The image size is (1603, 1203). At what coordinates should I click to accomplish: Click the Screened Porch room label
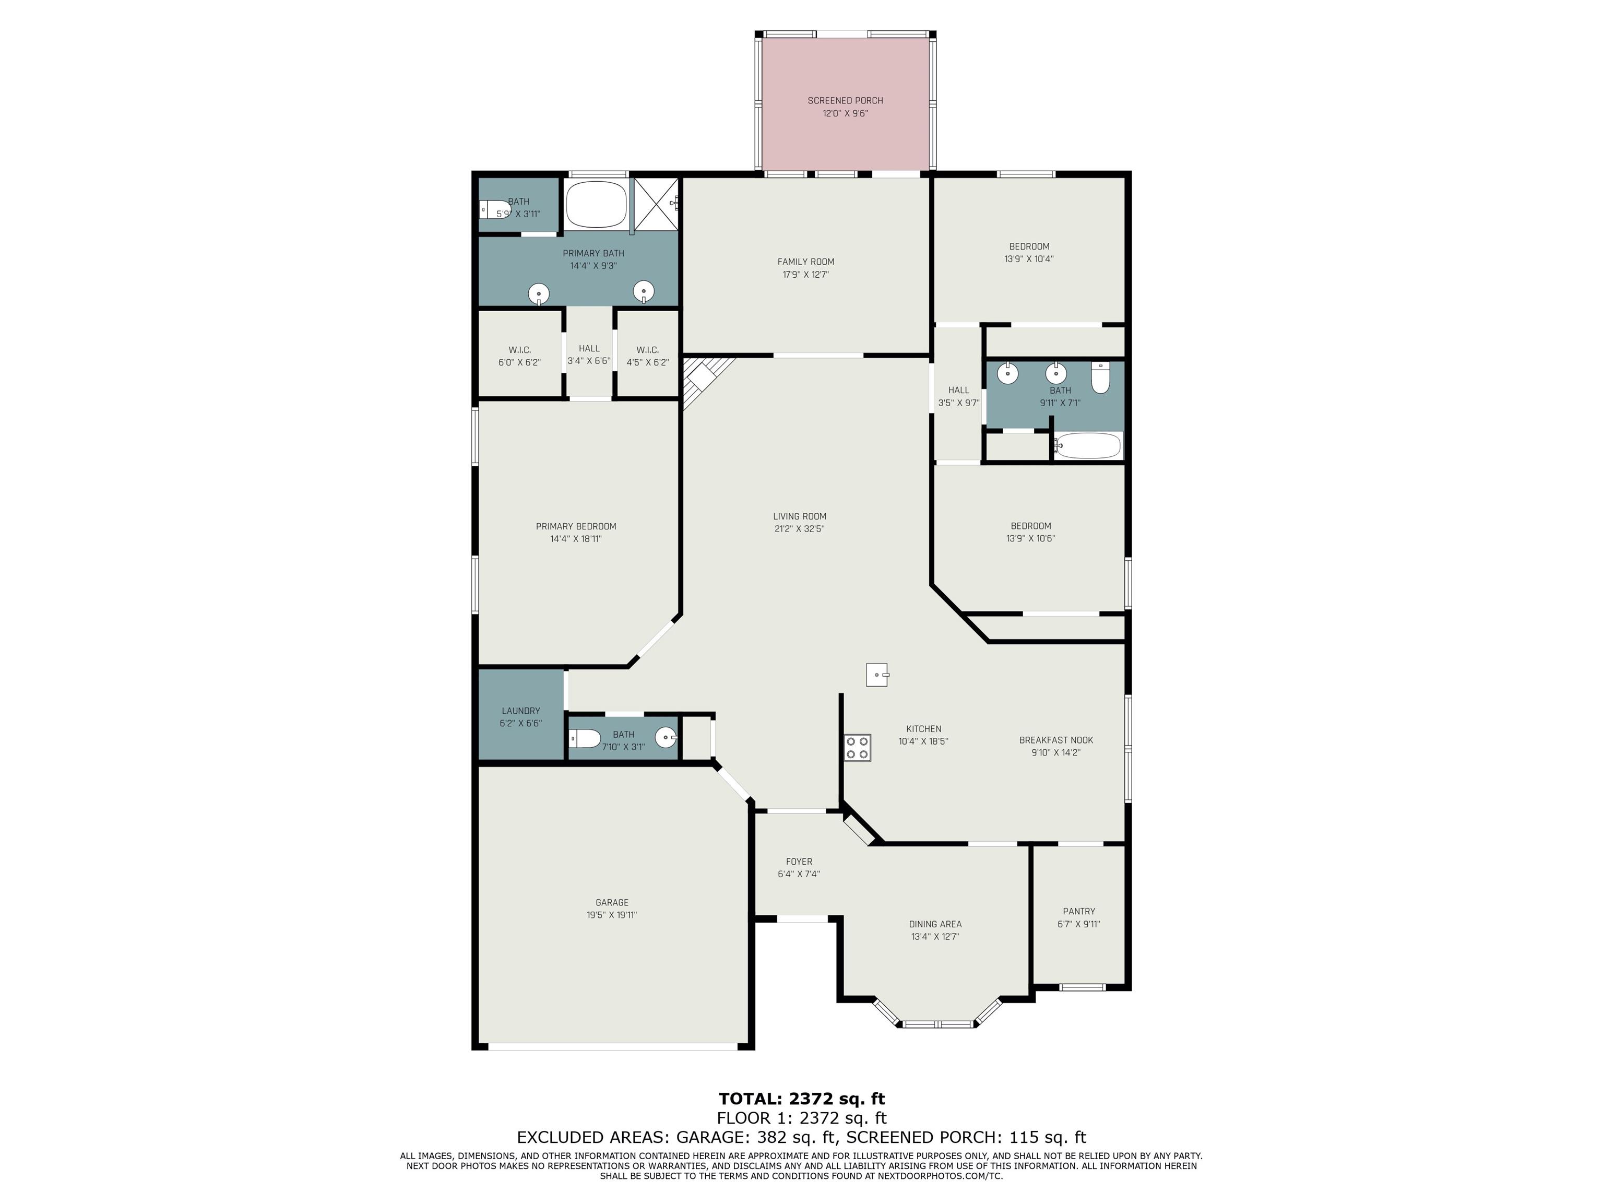(x=845, y=101)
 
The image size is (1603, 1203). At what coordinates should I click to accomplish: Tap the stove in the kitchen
(x=857, y=748)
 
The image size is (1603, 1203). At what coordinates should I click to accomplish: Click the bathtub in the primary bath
(x=596, y=204)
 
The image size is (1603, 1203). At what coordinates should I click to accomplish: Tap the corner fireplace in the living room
(x=703, y=381)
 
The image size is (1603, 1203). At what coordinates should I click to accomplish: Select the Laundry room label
(x=521, y=711)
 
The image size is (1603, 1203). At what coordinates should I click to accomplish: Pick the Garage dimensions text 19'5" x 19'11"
(x=612, y=915)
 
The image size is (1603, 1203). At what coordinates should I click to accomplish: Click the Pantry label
(x=1079, y=911)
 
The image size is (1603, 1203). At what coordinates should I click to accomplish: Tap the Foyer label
(x=799, y=862)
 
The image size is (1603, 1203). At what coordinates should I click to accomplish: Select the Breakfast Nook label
(x=1056, y=740)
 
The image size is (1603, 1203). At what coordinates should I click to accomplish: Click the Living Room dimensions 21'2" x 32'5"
(x=799, y=529)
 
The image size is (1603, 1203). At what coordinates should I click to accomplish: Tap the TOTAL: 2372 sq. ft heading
(x=802, y=1099)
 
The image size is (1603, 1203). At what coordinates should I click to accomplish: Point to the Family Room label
(x=806, y=262)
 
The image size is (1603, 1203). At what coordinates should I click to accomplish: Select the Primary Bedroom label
(x=576, y=526)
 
